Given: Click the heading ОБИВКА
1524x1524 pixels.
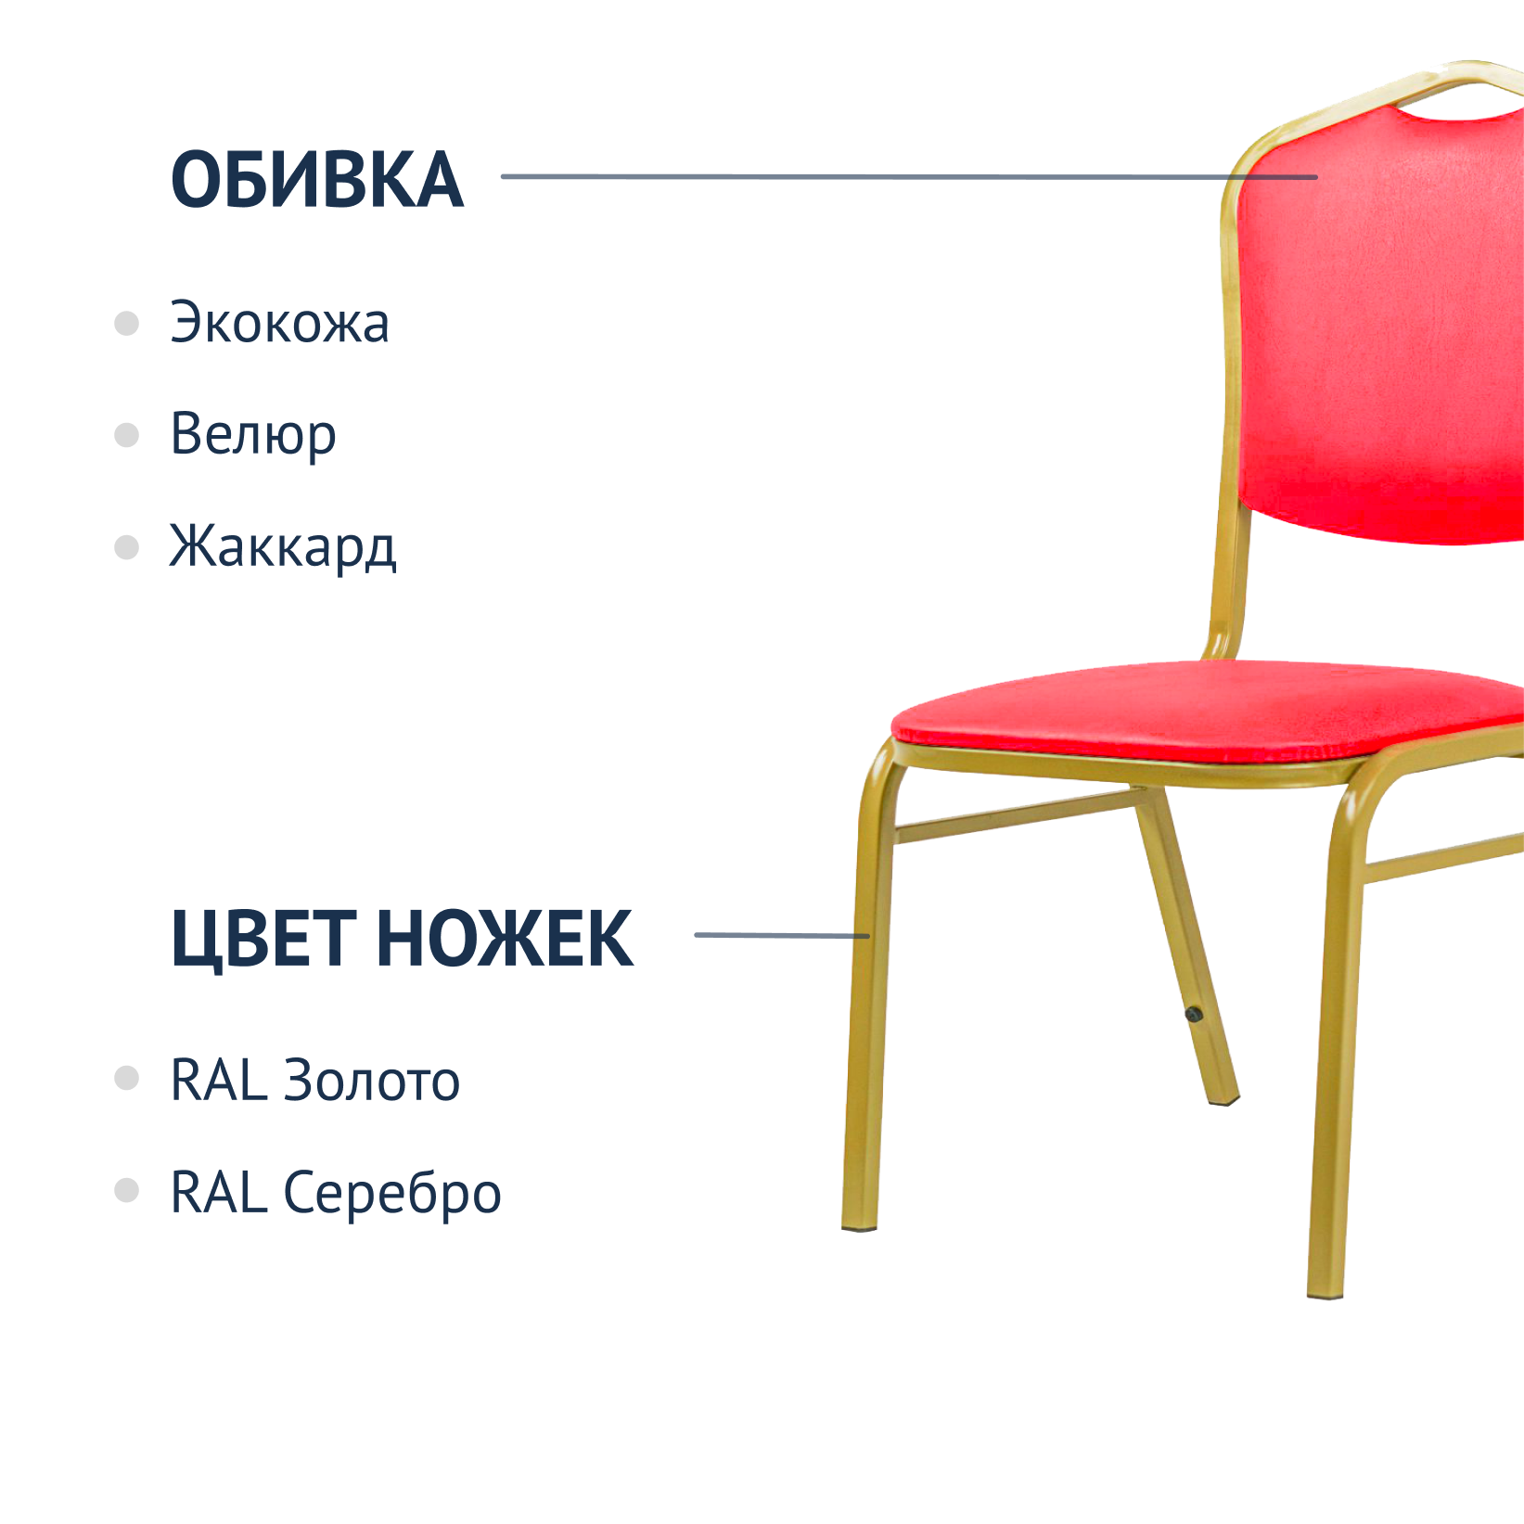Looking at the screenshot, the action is click(317, 179).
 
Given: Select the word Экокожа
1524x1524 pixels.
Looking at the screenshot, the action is click(280, 323).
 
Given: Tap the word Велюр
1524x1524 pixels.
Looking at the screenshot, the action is click(253, 434).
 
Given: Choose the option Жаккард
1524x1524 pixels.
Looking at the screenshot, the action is click(283, 546).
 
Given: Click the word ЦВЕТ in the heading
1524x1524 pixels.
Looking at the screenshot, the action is click(264, 940).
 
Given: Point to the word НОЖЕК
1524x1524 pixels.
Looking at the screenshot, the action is click(506, 938).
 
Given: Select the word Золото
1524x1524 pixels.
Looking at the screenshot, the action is click(371, 1081).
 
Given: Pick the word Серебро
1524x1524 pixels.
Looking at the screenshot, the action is click(391, 1193).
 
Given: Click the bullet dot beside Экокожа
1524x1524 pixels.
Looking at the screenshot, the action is click(126, 324).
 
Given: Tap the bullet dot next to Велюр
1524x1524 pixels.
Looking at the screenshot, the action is click(126, 435).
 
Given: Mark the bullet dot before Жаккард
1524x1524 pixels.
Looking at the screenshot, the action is click(126, 547).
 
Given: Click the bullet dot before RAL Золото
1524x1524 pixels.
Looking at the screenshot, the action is click(126, 1078).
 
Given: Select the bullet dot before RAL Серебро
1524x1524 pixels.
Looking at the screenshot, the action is click(126, 1190).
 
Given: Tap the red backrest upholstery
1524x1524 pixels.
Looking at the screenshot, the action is click(1382, 325).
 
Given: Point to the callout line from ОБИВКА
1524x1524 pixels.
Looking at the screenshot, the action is click(909, 176).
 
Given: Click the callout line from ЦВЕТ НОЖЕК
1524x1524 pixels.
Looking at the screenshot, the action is click(782, 935).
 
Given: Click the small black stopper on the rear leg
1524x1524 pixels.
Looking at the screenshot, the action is click(1194, 1015).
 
